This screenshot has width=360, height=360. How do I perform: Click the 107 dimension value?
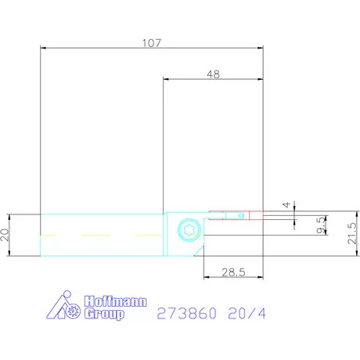point(152,44)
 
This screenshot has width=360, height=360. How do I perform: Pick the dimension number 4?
point(286,205)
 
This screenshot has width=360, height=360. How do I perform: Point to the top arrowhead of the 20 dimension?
point(15,215)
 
